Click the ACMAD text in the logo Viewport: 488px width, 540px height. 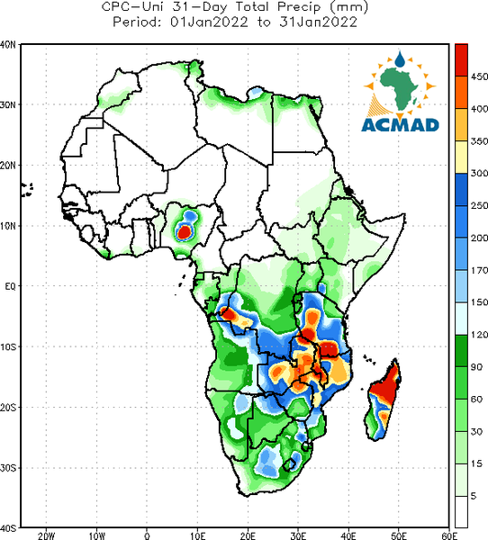point(400,125)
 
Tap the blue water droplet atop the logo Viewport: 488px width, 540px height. point(400,59)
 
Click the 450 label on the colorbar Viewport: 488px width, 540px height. point(479,76)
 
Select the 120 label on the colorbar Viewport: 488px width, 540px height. point(479,335)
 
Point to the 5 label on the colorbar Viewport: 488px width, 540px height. point(474,496)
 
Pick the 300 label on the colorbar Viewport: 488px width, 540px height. point(479,173)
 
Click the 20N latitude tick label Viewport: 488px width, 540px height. point(8,166)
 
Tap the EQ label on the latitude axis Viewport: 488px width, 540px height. point(10,286)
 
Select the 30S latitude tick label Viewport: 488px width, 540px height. point(8,468)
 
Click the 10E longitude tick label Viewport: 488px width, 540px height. point(197,535)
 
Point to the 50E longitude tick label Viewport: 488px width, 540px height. point(399,535)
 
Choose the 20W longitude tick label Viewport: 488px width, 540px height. point(46,535)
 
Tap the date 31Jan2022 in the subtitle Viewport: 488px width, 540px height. point(318,22)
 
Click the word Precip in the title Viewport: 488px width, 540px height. point(299,7)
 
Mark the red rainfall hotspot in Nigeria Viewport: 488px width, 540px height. point(184,232)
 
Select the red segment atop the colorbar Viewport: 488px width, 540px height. point(461,59)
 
